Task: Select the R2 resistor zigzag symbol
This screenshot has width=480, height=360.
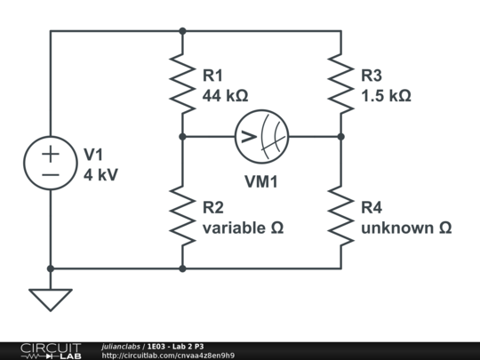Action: [182, 216]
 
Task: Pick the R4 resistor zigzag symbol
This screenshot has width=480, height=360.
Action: [340, 216]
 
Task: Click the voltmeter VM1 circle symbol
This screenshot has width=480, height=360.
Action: [261, 137]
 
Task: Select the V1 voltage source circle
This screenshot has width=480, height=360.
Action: [51, 164]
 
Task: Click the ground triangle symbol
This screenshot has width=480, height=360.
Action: [51, 300]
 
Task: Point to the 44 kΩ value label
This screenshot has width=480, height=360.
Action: [226, 95]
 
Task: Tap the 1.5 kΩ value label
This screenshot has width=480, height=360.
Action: [386, 95]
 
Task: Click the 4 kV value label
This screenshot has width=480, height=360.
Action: [100, 174]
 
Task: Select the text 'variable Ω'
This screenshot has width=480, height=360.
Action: [243, 228]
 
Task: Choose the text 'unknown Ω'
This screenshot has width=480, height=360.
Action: [406, 228]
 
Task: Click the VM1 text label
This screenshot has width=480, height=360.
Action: [261, 181]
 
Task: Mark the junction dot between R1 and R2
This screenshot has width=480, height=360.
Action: [182, 137]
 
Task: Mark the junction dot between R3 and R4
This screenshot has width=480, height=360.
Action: [340, 137]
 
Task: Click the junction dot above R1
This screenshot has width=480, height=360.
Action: [182, 31]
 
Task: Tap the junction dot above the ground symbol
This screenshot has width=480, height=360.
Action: [51, 268]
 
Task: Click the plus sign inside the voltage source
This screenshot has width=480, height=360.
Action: [51, 153]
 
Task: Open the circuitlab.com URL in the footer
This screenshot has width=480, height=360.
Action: [168, 356]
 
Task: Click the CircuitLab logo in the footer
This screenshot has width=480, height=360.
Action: [50, 350]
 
